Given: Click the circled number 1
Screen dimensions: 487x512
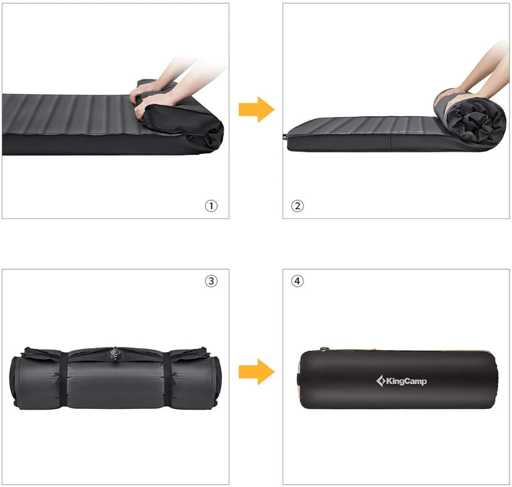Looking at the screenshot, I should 211,206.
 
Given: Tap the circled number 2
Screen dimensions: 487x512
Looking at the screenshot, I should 298,206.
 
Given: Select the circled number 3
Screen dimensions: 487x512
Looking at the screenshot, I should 211,280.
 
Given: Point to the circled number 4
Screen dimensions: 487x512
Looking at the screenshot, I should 298,280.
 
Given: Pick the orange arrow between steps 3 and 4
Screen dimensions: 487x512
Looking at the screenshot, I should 256,372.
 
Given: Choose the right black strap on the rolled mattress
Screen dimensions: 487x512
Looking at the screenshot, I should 166,378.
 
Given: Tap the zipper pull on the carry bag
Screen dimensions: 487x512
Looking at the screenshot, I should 322,350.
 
